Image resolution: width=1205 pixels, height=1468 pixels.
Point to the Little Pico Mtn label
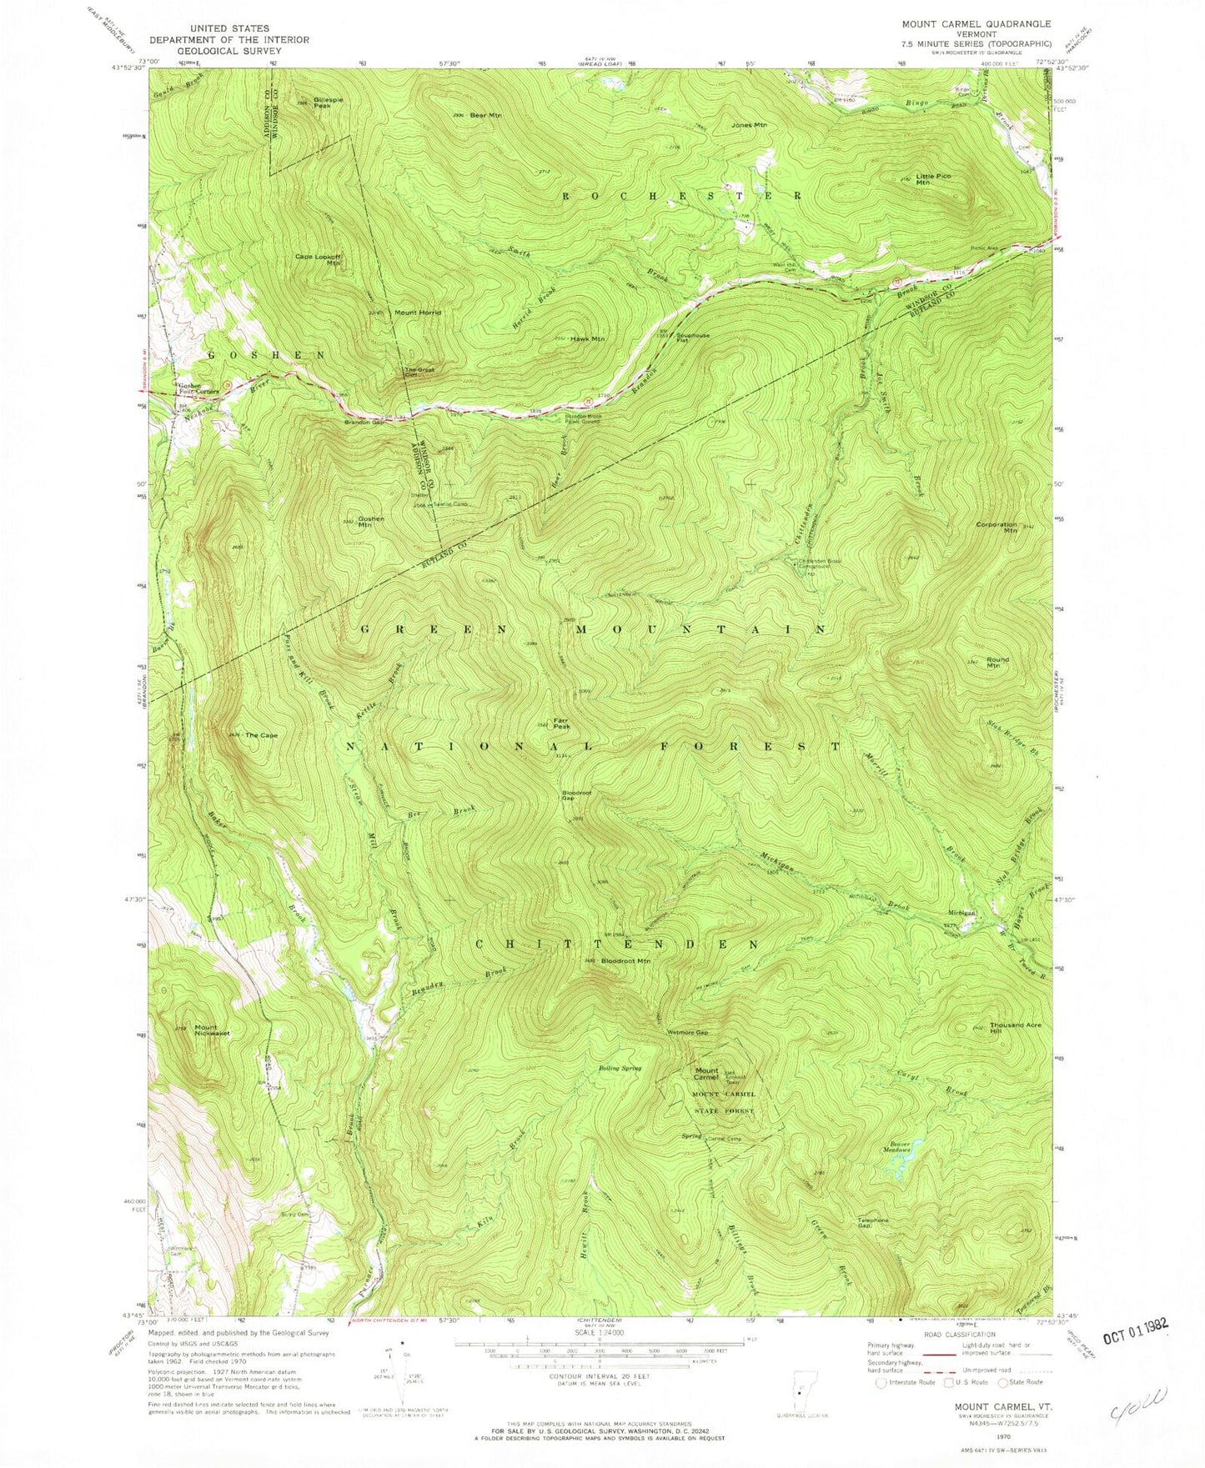point(933,179)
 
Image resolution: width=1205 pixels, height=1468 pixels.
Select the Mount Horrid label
point(418,313)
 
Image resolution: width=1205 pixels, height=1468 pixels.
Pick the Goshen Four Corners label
point(198,388)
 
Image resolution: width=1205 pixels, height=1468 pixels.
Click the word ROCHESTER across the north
point(682,196)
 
